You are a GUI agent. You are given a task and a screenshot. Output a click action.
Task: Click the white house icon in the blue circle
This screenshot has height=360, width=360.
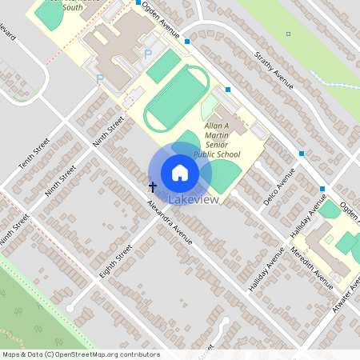(180, 172)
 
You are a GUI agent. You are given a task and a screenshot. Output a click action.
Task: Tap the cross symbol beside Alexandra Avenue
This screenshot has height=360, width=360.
(152, 186)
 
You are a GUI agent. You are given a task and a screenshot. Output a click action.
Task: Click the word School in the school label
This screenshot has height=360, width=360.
(228, 154)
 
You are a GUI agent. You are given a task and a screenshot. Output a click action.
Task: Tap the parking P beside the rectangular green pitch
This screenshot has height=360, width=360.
(147, 54)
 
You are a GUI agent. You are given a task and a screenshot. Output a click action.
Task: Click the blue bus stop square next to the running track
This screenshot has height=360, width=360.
(228, 90)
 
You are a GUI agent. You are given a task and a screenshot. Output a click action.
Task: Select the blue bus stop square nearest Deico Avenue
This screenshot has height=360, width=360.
(302, 153)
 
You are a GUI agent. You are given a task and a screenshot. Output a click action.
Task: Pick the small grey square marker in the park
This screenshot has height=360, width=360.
(288, 34)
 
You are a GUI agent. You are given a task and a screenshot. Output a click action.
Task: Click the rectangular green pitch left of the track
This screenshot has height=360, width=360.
(164, 66)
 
